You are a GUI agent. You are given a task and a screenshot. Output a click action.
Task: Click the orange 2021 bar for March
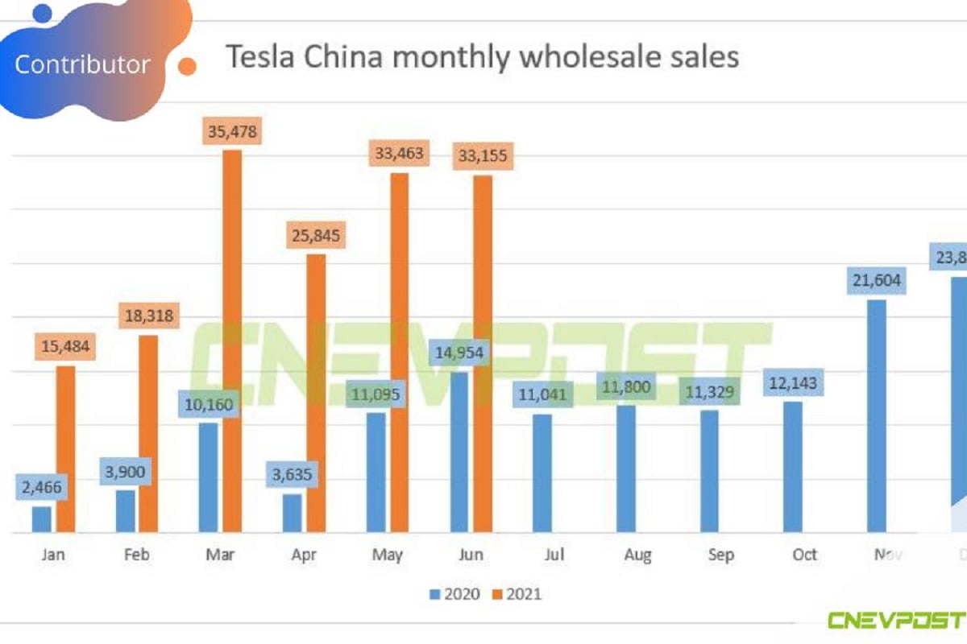(232, 341)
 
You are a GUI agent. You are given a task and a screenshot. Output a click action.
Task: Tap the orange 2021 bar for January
(65, 449)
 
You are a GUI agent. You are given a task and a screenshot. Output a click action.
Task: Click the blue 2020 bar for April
(292, 513)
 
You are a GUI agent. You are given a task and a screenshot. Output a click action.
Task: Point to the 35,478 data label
(232, 131)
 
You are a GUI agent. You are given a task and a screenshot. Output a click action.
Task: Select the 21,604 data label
(876, 281)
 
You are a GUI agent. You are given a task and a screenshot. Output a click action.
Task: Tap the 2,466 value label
(43, 487)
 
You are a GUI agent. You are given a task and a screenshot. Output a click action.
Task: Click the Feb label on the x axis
(137, 555)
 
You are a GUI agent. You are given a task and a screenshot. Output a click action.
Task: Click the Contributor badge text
(82, 64)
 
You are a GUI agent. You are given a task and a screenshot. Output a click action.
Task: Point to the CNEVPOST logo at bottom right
(894, 621)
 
